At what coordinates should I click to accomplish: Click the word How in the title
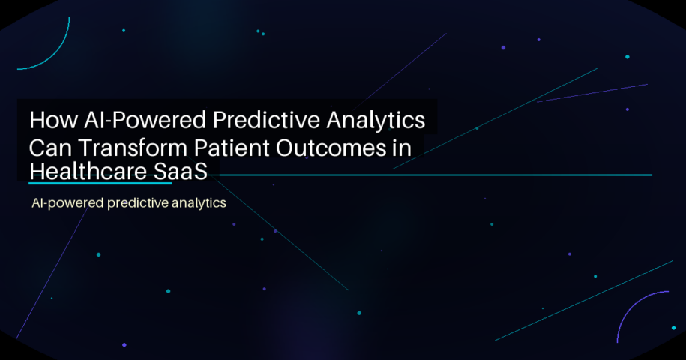49,121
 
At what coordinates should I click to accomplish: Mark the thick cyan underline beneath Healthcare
100,182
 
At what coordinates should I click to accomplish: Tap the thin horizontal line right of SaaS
435,175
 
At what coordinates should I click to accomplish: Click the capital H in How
35,121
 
